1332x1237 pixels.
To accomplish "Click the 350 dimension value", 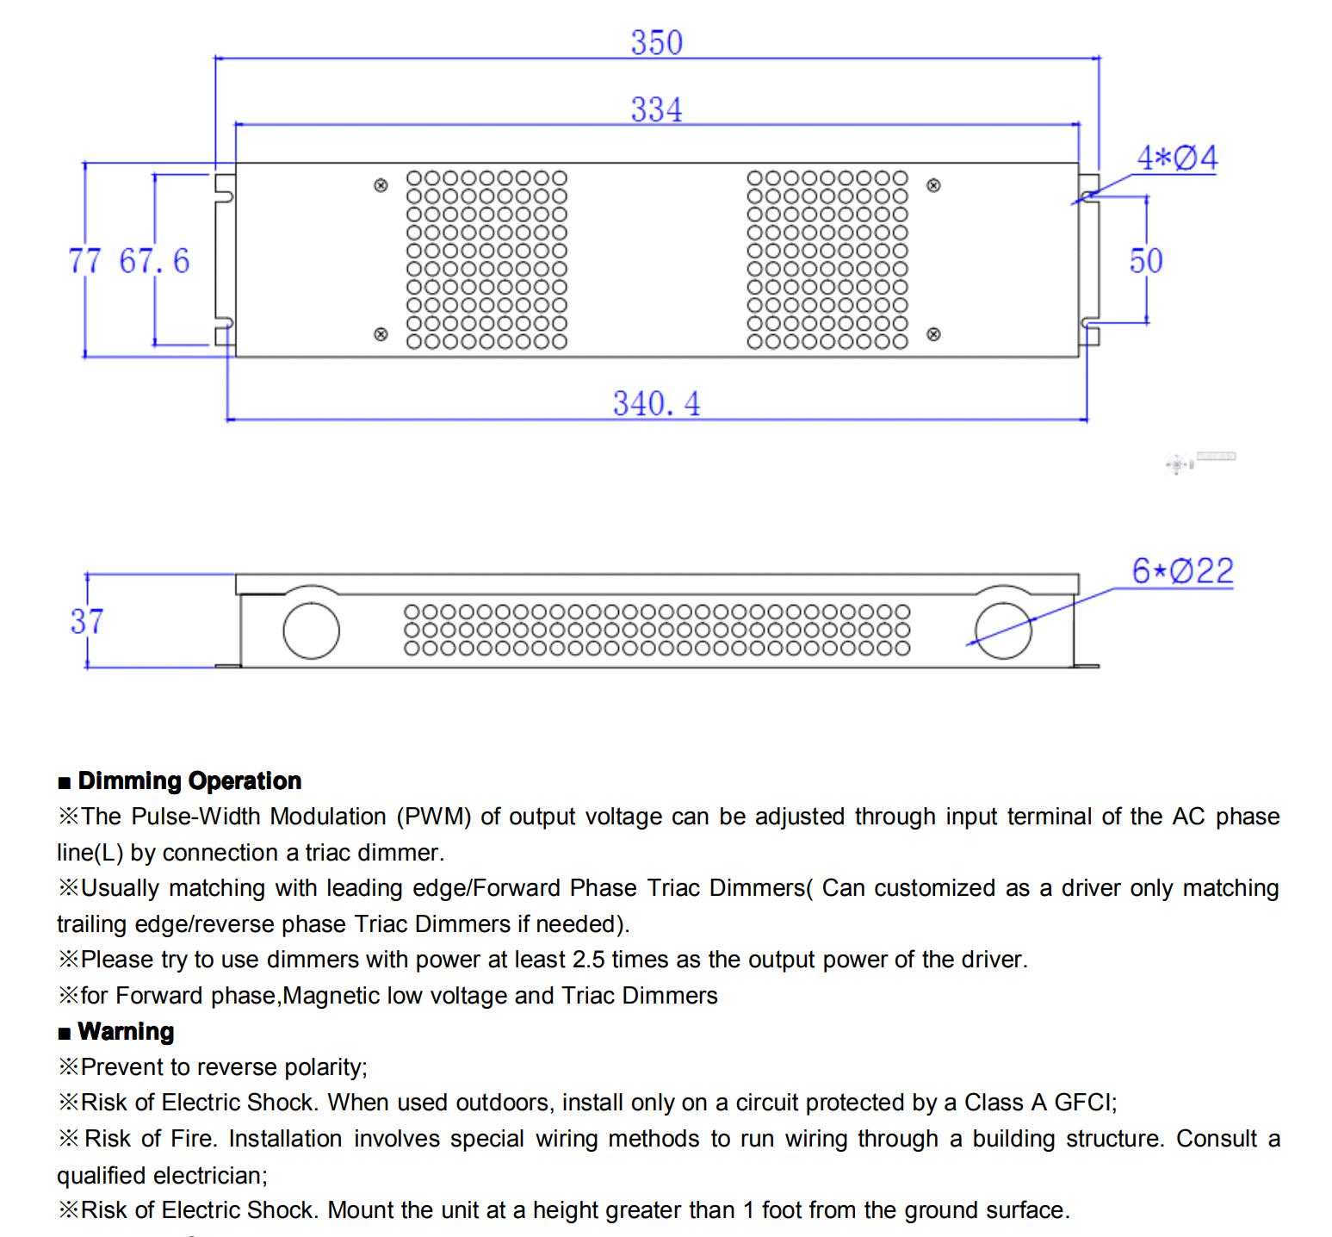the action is (x=656, y=42).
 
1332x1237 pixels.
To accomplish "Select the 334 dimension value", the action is (x=656, y=109).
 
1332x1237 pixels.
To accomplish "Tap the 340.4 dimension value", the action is (x=656, y=403).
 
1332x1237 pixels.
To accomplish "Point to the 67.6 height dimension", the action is (x=154, y=260).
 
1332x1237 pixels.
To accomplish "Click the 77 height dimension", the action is (x=84, y=260).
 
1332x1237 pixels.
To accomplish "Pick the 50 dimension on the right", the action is (x=1146, y=260).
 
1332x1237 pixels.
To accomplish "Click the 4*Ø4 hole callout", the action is (x=1177, y=158).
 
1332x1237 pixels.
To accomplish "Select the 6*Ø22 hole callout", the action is (x=1182, y=570).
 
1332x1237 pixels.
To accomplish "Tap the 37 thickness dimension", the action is (x=87, y=620).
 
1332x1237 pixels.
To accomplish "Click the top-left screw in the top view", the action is (x=381, y=185).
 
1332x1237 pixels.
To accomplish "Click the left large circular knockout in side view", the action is (x=311, y=630).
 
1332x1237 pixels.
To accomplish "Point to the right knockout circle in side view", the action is (x=1002, y=630).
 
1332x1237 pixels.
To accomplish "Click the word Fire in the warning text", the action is (x=194, y=1139).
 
